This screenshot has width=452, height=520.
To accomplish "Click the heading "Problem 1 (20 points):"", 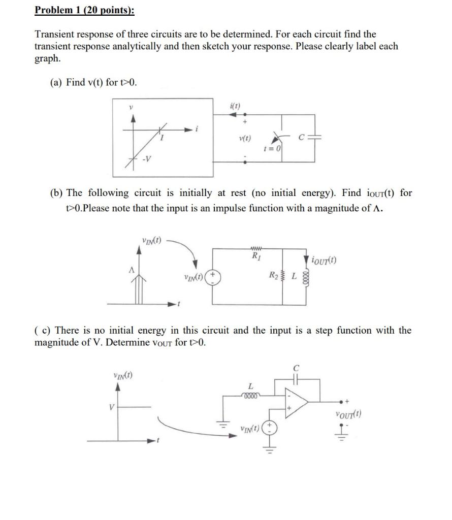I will point(84,11).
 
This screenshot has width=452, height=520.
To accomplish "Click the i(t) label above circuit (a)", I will point(235,106).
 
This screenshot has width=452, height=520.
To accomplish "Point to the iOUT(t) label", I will point(324,261).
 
